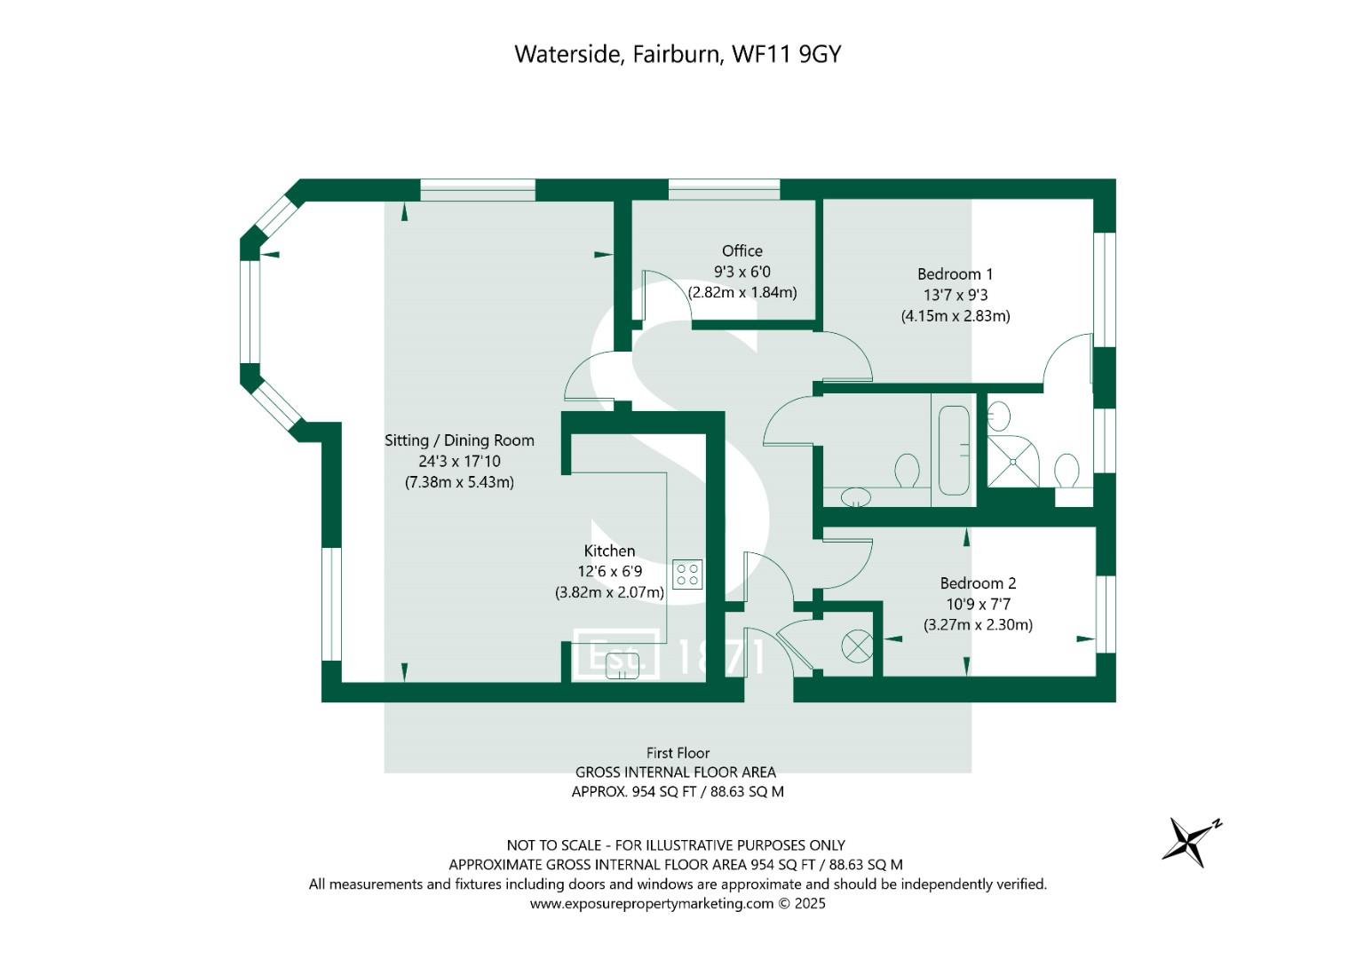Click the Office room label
coord(741,251)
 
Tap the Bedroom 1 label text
coord(955,274)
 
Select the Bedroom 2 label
coord(978,583)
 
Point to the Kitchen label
coord(609,551)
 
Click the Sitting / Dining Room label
coord(459,440)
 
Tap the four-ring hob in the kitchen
coord(687,574)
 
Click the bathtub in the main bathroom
coord(954,450)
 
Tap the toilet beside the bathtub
coord(907,471)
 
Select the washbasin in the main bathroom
coord(856,496)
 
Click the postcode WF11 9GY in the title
coord(785,54)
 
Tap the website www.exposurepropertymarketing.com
coord(652,904)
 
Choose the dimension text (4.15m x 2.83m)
coord(955,316)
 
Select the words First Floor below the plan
coord(678,753)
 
